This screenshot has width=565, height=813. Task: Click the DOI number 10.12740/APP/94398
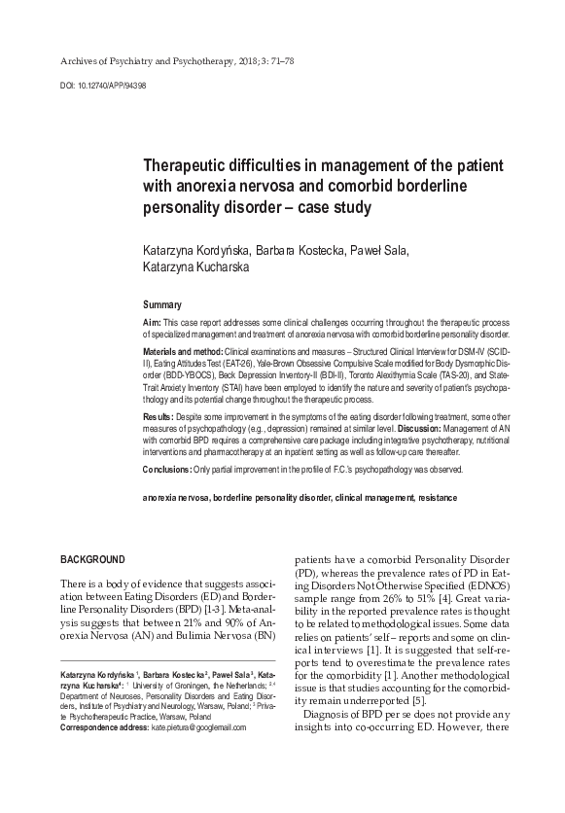[109, 85]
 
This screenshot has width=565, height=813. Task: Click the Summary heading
[162, 304]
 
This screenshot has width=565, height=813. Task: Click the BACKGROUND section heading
[92, 560]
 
